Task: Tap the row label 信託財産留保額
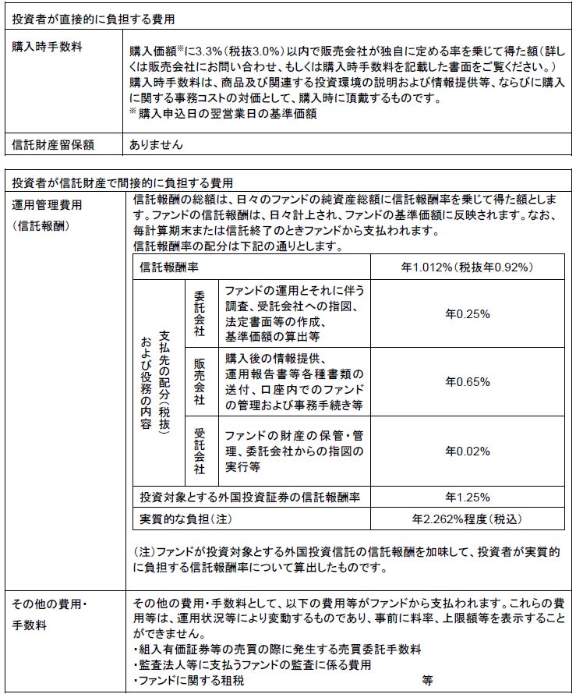(53, 144)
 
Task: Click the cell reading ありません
(157, 144)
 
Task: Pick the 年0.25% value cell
(467, 313)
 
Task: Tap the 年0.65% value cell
(467, 382)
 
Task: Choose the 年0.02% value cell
(467, 451)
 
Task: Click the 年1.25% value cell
(467, 497)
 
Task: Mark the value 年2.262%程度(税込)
(467, 517)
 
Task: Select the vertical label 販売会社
(199, 382)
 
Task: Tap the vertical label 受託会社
(199, 451)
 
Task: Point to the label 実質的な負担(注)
(186, 517)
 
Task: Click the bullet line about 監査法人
(253, 664)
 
